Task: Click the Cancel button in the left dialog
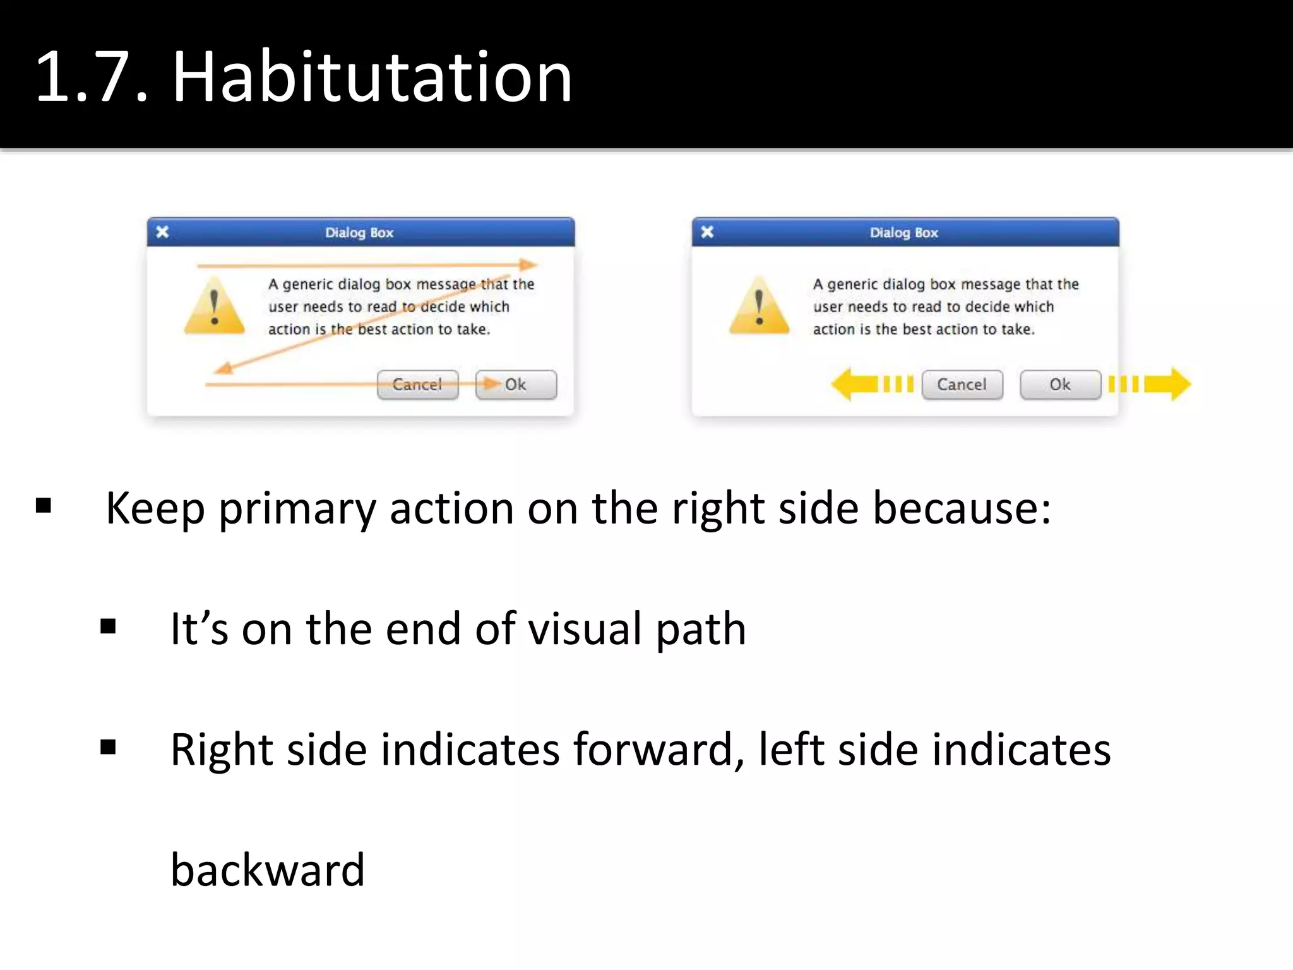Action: [x=417, y=385]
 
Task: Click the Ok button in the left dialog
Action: [x=516, y=385]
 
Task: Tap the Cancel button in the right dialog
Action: [x=962, y=385]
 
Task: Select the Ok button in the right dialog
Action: [x=1060, y=385]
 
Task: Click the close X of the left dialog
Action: [x=162, y=232]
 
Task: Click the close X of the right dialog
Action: [x=707, y=232]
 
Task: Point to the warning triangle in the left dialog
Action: [x=215, y=306]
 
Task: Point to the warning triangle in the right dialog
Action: [x=759, y=306]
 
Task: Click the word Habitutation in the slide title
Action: [x=372, y=77]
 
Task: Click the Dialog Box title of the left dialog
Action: [x=359, y=232]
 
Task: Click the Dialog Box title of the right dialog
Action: [x=904, y=232]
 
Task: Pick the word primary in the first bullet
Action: [x=297, y=509]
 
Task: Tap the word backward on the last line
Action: [x=268, y=870]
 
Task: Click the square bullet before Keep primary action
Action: [x=44, y=505]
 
